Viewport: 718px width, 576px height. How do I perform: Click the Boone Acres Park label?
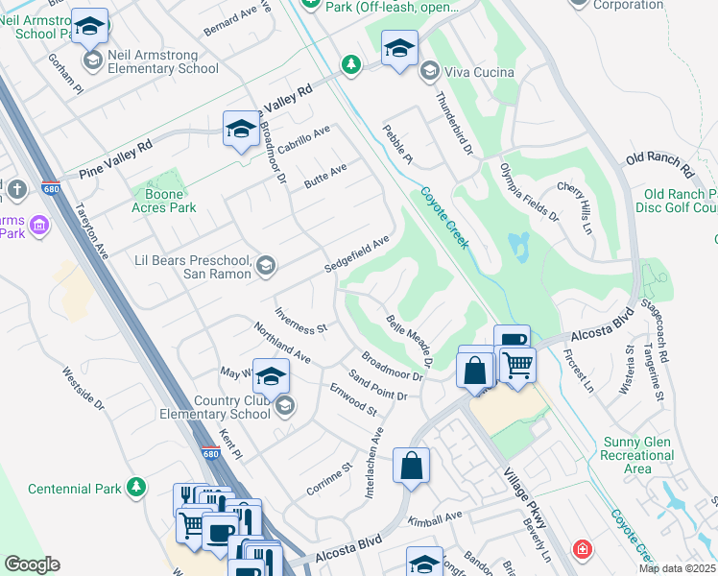pos(163,201)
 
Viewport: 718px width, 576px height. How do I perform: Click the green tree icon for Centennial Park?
pos(138,488)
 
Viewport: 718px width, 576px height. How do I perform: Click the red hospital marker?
pos(582,550)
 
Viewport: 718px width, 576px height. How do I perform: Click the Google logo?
pos(32,564)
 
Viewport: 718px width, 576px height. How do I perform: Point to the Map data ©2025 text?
pos(677,568)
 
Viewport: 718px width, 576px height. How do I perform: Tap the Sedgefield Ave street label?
pos(356,254)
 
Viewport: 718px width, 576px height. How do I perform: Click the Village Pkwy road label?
pos(525,498)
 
